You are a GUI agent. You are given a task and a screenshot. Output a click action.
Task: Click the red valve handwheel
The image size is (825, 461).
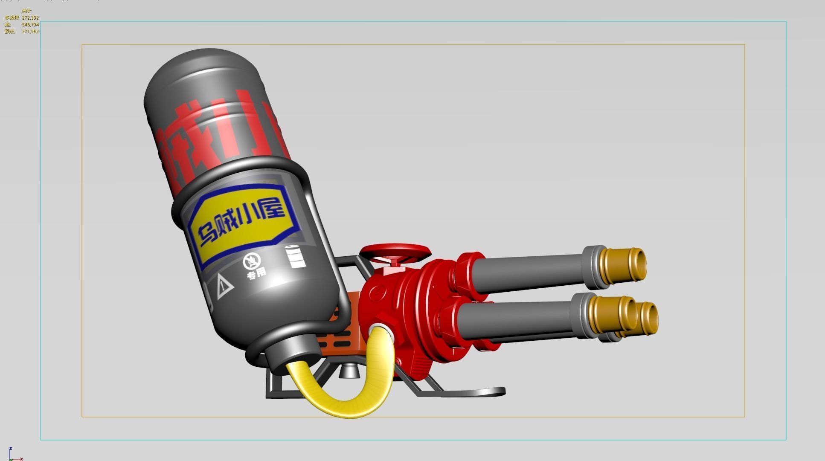coord(395,252)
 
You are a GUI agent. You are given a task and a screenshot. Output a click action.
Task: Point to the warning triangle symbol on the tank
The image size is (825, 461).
coord(224,286)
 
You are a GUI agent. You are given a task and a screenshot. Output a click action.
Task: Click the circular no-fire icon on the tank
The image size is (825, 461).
coord(252,261)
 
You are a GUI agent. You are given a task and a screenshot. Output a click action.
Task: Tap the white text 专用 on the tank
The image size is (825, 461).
coord(256,273)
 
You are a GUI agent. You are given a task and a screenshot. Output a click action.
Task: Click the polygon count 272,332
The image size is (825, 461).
coord(30,18)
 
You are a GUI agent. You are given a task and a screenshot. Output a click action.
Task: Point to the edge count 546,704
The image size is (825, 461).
coord(30,25)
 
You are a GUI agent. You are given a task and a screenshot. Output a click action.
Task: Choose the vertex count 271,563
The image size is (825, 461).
coord(30,32)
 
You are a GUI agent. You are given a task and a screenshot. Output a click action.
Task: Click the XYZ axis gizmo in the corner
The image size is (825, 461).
coord(13,455)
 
